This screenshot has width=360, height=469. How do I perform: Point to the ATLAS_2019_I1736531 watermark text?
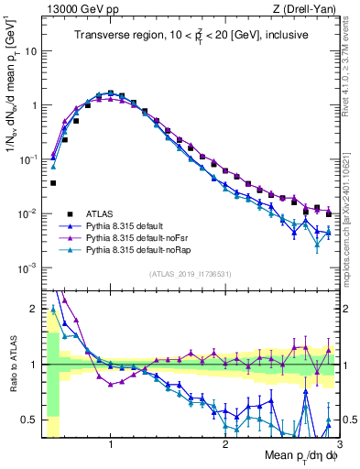pyautogui.click(x=190, y=274)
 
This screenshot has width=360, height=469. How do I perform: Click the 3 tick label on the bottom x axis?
pyautogui.click(x=338, y=446)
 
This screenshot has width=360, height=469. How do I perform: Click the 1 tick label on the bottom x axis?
pyautogui.click(x=111, y=446)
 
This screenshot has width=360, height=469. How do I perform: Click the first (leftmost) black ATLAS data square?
pyautogui.click(x=53, y=183)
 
